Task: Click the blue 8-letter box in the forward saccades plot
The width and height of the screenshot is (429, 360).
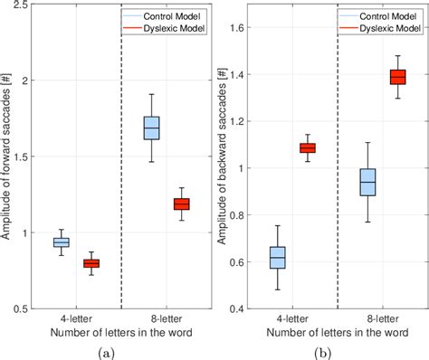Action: point(151,128)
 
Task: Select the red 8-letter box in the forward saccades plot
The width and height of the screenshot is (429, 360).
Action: point(181,204)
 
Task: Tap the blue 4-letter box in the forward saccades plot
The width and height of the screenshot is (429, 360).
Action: point(62,242)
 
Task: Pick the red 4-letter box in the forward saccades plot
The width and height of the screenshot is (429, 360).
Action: point(91,263)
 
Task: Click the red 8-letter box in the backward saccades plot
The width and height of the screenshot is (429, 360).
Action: point(396,77)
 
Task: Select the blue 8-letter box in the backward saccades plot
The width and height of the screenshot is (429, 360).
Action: point(367,182)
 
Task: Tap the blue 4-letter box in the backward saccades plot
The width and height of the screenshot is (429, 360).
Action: point(278,258)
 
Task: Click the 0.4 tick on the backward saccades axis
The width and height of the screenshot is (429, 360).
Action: point(237,309)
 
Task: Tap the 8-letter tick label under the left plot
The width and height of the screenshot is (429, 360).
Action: point(167,319)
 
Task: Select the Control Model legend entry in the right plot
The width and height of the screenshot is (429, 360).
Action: point(389,15)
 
